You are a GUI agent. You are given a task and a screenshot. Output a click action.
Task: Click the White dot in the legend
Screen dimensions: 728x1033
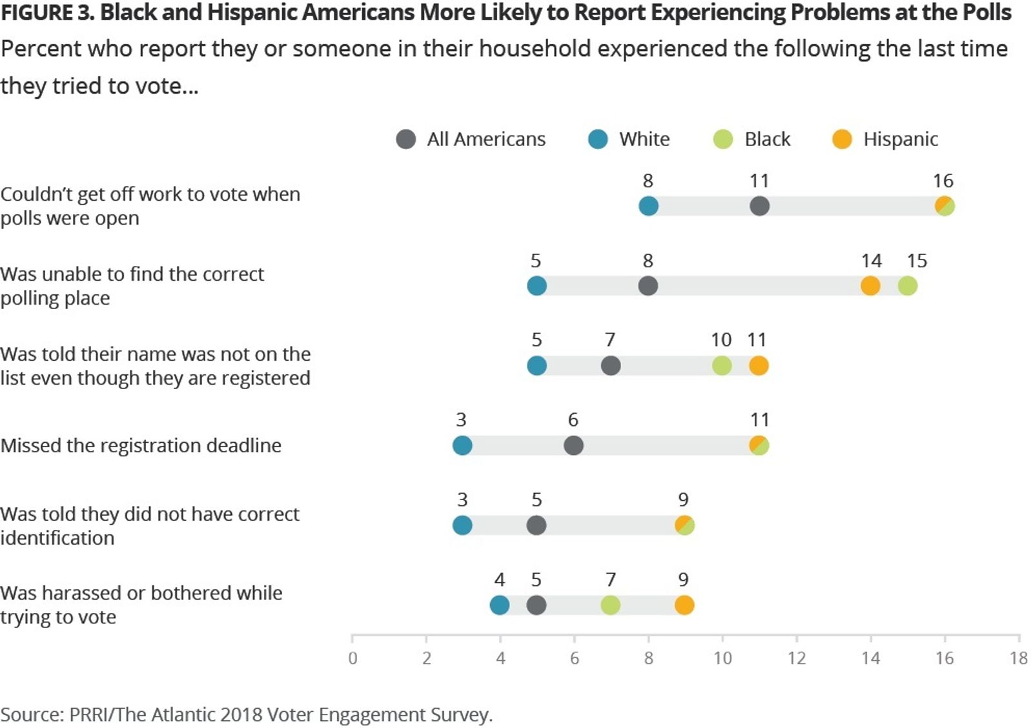point(598,139)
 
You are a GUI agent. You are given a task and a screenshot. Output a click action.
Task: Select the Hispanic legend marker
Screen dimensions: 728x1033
point(842,139)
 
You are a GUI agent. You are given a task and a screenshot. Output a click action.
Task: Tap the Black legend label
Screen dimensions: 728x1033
point(767,139)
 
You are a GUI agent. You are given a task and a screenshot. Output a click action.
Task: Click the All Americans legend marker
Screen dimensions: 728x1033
point(405,139)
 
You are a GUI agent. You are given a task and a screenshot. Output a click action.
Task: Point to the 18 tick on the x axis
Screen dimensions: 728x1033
point(1018,658)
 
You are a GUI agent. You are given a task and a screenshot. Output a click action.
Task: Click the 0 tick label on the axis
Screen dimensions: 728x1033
point(353,658)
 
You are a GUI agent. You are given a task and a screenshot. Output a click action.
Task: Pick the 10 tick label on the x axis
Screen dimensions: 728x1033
point(722,658)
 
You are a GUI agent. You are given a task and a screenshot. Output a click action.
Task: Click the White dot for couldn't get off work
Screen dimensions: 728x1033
point(648,207)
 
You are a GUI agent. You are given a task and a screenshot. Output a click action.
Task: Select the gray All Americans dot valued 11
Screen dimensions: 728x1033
point(759,207)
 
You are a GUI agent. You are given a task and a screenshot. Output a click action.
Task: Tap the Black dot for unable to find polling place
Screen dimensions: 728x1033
point(907,286)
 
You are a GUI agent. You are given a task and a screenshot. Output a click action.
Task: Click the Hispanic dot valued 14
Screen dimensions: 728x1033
point(870,286)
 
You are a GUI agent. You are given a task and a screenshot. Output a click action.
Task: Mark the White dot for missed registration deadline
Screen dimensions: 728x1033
point(462,445)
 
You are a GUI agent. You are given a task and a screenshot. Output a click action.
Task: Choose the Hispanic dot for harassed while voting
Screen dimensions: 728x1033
point(684,605)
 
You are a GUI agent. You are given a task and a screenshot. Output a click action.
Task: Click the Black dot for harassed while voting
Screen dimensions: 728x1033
point(611,605)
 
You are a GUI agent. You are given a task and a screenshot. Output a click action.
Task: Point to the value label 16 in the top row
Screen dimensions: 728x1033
point(943,181)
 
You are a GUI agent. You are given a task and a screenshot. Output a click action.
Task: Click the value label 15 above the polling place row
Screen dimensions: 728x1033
point(917,261)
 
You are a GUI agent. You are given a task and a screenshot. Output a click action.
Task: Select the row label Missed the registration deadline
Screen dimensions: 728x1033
point(141,445)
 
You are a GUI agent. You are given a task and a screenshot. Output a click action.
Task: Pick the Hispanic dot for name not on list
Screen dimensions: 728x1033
point(759,366)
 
